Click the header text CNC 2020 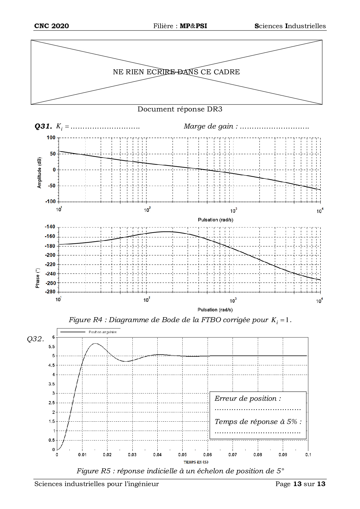pyautogui.click(x=51, y=26)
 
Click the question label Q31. pyautogui.click(x=43, y=126)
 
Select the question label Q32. pyautogui.click(x=35, y=339)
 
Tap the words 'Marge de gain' pyautogui.click(x=208, y=126)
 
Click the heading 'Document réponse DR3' pyautogui.click(x=180, y=109)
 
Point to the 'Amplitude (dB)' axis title pyautogui.click(x=39, y=173)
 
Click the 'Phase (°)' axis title pyautogui.click(x=37, y=278)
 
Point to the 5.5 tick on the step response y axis pyautogui.click(x=51, y=346)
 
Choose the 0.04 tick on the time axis pyautogui.click(x=157, y=455)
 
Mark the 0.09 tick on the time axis pyautogui.click(x=283, y=455)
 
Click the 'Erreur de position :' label pyautogui.click(x=248, y=398)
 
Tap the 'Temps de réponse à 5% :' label pyautogui.click(x=258, y=422)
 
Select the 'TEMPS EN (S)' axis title pyautogui.click(x=196, y=462)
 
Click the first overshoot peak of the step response pyautogui.click(x=95, y=344)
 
